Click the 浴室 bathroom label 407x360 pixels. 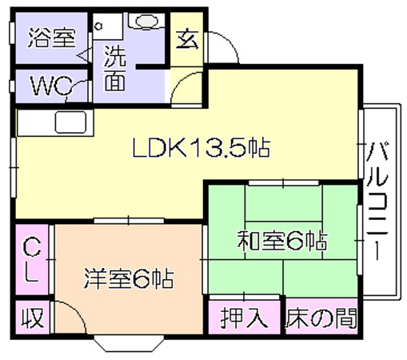point(52,38)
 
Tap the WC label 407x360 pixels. point(51,86)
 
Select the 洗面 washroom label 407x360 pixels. point(115,68)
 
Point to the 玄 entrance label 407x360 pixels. point(187,39)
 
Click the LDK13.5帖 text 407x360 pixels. point(202,147)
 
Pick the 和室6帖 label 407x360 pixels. point(282,241)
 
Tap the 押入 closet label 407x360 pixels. point(244,318)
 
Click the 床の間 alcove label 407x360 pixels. point(321,318)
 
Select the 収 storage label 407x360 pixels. point(33,318)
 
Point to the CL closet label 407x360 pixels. point(32,260)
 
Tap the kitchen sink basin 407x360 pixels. point(70,122)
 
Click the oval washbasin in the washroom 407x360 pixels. point(146,21)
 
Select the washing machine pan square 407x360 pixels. point(108,26)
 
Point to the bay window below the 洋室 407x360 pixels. point(129,343)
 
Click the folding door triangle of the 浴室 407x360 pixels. point(85,55)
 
